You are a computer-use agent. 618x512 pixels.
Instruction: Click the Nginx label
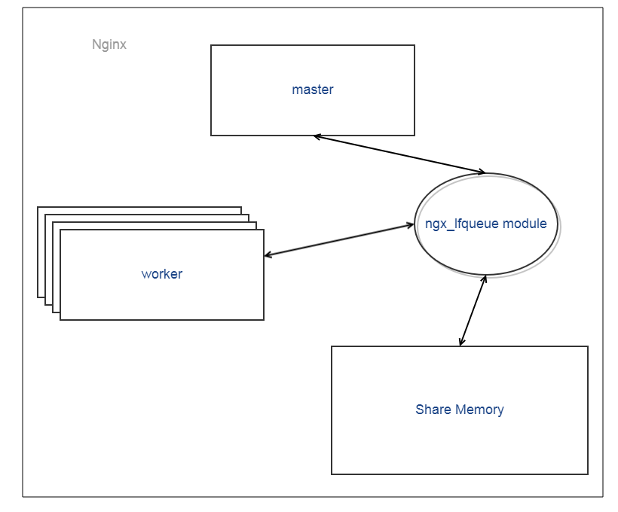pyautogui.click(x=109, y=44)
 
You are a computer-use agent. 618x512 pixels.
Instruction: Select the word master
pyautogui.click(x=313, y=90)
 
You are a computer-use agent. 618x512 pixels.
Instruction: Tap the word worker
pyautogui.click(x=162, y=274)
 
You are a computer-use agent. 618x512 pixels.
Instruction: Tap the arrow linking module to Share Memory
pyautogui.click(x=473, y=310)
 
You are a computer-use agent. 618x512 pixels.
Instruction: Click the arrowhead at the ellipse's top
pyautogui.click(x=480, y=172)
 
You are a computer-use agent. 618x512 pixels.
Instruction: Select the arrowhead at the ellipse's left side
pyautogui.click(x=409, y=224)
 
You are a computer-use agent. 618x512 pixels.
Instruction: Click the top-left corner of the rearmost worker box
pyautogui.click(x=38, y=207)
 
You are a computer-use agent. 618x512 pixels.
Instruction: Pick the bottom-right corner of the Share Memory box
pyautogui.click(x=588, y=474)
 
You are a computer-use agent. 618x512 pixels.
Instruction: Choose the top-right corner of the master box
pyautogui.click(x=415, y=45)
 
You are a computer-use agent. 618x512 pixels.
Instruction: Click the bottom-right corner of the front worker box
pyautogui.click(x=264, y=320)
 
